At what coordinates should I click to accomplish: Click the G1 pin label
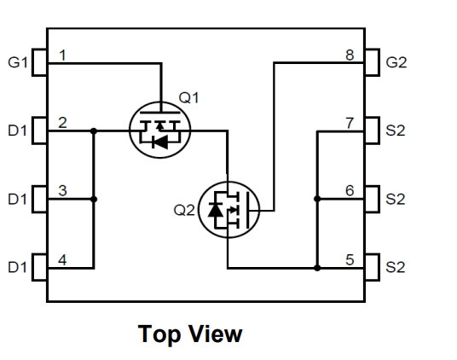pos(18,62)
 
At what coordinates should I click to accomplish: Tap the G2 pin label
pos(396,62)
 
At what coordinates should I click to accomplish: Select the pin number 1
pos(62,55)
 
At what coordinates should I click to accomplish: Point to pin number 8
pos(350,55)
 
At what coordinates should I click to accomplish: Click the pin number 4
pos(62,260)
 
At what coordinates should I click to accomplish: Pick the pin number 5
pos(350,260)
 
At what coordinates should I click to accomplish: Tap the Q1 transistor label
pos(189,97)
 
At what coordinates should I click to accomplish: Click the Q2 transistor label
pos(184,210)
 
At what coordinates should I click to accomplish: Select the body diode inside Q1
pos(160,142)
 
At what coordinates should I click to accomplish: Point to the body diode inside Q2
pos(216,210)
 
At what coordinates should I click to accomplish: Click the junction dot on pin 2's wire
pos(94,131)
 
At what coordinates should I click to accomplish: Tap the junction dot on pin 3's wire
pos(94,200)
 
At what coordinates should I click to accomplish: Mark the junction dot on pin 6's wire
pos(317,199)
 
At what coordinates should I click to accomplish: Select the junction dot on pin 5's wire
pos(317,268)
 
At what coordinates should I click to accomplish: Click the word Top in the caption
pos(159,334)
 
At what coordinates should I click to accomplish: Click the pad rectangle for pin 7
pos(372,131)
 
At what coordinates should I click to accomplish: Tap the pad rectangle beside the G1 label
pos(39,62)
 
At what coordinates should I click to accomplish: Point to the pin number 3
pos(62,191)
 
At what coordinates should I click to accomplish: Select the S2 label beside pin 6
pos(396,199)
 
